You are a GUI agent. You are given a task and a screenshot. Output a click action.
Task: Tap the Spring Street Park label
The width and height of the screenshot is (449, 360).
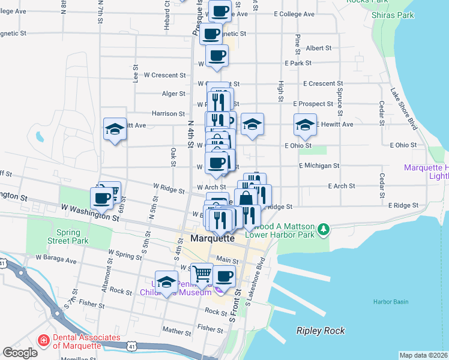point(71,236)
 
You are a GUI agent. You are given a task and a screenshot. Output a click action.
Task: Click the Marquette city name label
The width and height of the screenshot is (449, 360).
point(212,238)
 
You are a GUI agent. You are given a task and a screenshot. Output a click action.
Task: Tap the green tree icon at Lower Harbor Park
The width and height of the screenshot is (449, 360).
point(324,229)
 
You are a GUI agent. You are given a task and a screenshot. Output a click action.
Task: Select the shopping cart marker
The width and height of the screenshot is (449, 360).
point(202,274)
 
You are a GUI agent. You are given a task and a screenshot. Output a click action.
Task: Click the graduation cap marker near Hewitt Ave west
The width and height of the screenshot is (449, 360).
point(115,129)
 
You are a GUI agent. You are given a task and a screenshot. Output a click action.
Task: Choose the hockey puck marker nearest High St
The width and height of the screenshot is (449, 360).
point(305,125)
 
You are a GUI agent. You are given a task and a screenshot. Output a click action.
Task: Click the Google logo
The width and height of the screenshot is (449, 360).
point(20,353)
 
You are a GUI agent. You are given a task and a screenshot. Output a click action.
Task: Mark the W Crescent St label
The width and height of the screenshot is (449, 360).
point(164,75)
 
